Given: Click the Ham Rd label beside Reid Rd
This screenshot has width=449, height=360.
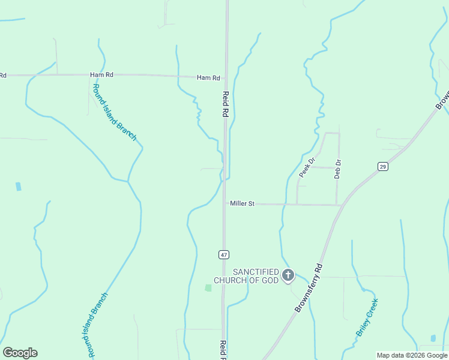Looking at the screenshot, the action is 208,78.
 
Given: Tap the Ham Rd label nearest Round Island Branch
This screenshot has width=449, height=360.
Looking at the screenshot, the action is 101,74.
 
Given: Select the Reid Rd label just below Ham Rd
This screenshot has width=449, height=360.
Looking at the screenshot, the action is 226,104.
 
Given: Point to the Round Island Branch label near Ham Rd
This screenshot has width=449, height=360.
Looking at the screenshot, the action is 114,112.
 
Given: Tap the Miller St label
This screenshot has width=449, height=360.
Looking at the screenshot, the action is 243,204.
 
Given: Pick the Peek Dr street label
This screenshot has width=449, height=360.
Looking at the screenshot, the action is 307,167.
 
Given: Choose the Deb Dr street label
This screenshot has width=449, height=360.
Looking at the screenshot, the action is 337,169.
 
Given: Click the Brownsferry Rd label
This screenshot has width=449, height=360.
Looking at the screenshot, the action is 309,288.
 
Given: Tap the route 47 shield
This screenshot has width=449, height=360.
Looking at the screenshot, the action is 224,254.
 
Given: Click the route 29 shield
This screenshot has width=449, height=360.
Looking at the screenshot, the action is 382,166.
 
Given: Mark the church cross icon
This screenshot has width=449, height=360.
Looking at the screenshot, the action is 288,275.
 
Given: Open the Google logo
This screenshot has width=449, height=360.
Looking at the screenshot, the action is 20,353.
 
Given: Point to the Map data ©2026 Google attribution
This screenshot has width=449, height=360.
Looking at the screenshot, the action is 412,355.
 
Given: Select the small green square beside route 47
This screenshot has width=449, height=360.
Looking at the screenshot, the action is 208,288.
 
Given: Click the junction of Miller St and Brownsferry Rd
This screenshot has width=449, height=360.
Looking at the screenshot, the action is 342,205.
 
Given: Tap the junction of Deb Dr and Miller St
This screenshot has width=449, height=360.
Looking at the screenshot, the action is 337,205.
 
